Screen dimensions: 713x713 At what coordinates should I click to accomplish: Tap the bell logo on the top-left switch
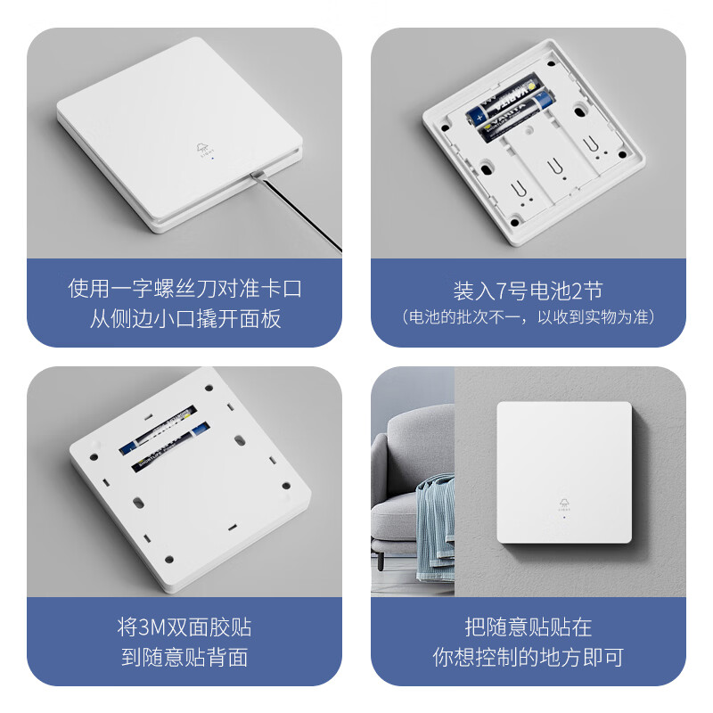[x=201, y=149]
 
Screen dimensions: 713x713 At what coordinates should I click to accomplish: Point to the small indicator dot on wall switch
[x=564, y=518]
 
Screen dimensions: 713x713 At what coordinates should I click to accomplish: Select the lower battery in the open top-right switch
[x=512, y=119]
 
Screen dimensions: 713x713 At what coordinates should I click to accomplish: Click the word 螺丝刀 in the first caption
[x=201, y=290]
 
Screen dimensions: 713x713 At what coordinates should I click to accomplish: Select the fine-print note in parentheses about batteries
[x=528, y=317]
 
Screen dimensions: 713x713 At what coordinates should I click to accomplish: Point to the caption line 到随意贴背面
[x=184, y=658]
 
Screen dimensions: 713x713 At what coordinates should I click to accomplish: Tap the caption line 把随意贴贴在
[x=528, y=627]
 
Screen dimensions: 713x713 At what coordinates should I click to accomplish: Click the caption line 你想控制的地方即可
[x=528, y=658]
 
